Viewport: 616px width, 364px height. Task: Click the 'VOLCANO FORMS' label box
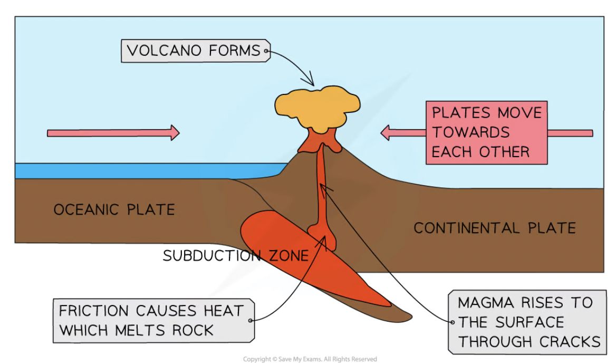click(x=196, y=51)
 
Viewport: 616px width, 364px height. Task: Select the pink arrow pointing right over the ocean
click(x=113, y=133)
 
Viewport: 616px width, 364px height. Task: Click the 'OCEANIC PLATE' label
click(x=114, y=210)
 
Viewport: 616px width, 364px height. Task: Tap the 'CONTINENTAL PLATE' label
click(x=494, y=228)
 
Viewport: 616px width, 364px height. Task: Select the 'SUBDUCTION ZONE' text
click(x=235, y=256)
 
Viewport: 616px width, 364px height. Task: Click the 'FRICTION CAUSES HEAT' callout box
click(x=153, y=320)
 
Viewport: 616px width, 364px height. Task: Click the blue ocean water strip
click(x=142, y=171)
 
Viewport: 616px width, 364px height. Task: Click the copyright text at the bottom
click(x=310, y=359)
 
